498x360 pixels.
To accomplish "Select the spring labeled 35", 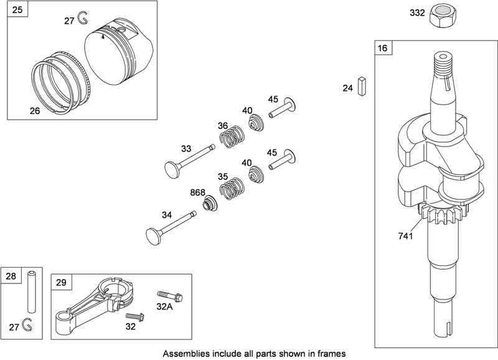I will pyautogui.click(x=233, y=186).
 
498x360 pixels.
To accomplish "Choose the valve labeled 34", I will pyautogui.click(x=171, y=225).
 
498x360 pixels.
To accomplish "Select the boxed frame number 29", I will pyautogui.click(x=60, y=282).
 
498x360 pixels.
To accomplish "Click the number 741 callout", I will pyautogui.click(x=406, y=236).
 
